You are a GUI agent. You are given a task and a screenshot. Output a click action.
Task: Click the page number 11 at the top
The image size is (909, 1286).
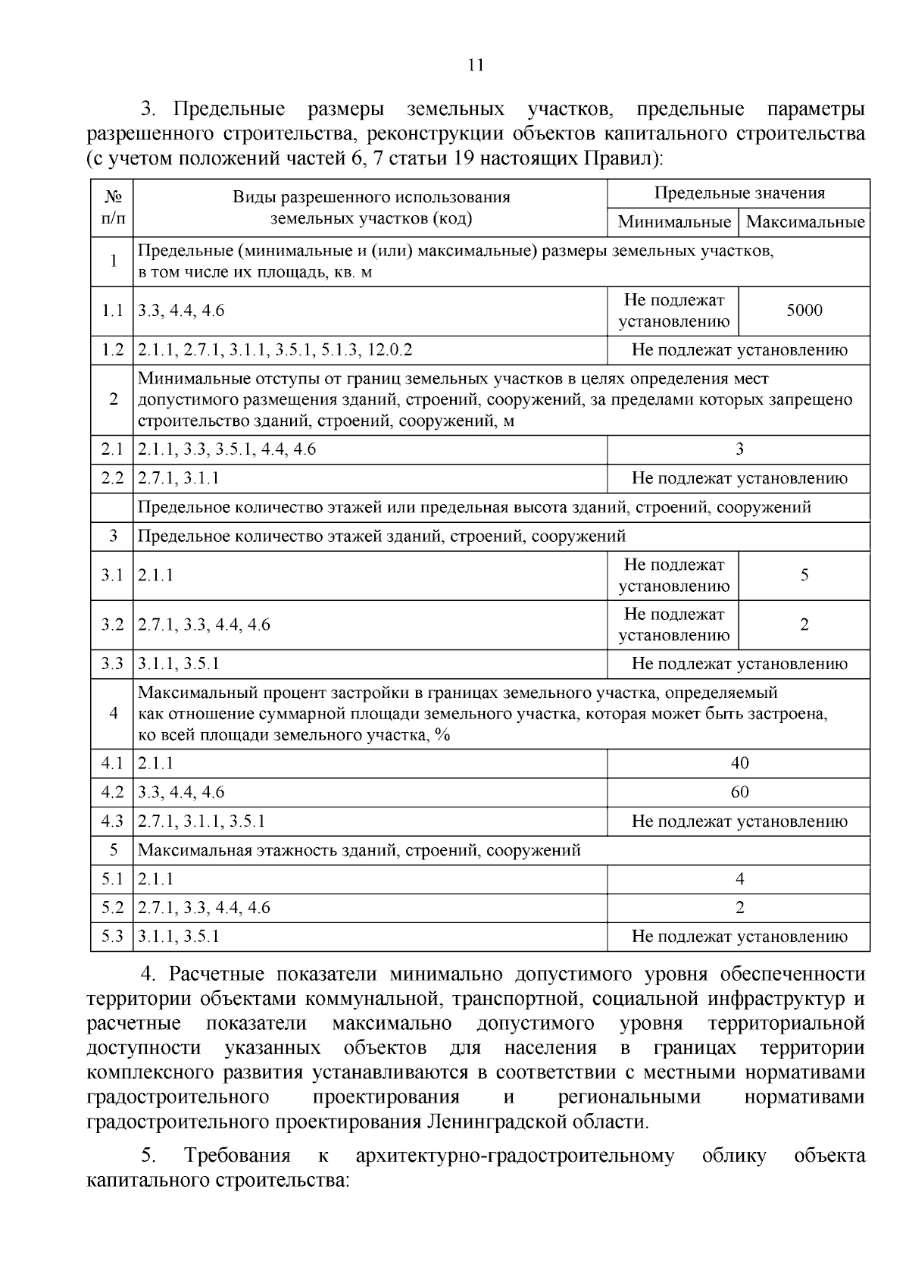(x=476, y=64)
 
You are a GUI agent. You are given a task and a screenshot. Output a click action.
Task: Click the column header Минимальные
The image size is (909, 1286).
(x=673, y=222)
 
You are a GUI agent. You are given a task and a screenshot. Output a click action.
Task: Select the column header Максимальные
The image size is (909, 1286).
(x=804, y=222)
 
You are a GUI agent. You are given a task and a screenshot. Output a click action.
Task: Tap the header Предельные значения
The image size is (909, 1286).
(x=739, y=193)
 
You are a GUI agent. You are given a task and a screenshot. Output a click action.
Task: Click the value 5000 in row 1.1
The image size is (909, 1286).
(x=804, y=310)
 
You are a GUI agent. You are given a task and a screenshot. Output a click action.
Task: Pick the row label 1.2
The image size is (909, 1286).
(x=112, y=350)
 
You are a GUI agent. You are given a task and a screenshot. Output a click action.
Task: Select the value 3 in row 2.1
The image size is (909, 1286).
(x=739, y=449)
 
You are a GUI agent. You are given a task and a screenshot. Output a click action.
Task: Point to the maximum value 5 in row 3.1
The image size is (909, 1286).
(x=804, y=575)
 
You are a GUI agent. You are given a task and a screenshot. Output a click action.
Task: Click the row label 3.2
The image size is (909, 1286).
(x=112, y=624)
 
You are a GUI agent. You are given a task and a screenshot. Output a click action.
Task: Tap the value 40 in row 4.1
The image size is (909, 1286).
(x=739, y=763)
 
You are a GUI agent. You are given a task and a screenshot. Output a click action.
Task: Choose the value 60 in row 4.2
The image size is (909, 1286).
(x=739, y=792)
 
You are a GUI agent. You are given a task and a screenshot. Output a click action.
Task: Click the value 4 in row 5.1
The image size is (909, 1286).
(x=739, y=879)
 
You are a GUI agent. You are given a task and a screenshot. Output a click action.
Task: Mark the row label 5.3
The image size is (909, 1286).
(x=112, y=937)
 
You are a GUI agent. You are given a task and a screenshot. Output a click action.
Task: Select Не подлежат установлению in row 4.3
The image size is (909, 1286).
(x=739, y=821)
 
